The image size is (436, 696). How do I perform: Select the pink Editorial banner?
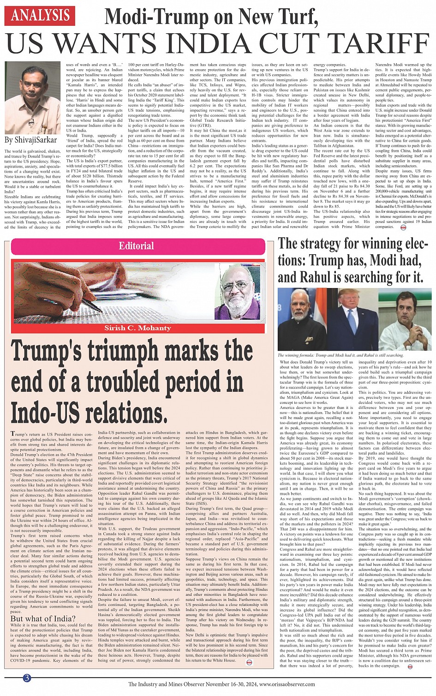(x=137, y=246)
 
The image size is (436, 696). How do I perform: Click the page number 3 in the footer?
(x=27, y=678)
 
